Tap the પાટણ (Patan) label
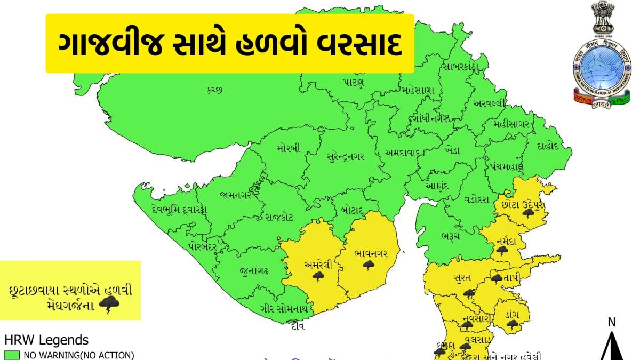click(x=354, y=82)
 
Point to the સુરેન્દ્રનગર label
click(x=346, y=156)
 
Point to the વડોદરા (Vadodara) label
click(x=476, y=199)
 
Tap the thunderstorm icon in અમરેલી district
click(x=319, y=276)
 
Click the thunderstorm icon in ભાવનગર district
click(x=369, y=265)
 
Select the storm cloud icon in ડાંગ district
click(x=513, y=323)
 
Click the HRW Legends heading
click(x=46, y=340)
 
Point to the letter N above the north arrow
click(x=612, y=322)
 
